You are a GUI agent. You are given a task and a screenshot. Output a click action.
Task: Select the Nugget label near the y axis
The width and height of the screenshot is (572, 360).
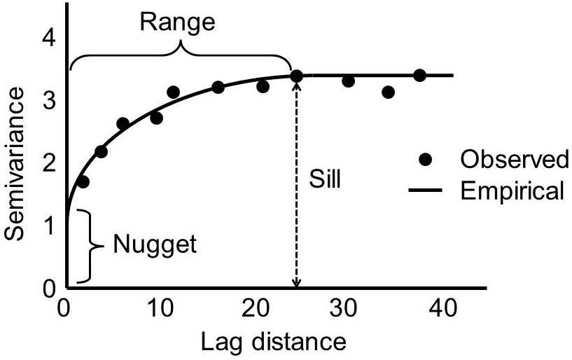pyautogui.click(x=155, y=245)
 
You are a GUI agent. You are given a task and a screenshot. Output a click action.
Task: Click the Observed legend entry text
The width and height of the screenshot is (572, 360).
pyautogui.click(x=514, y=160)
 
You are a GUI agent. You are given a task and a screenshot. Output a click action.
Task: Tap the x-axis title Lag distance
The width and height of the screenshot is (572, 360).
pyautogui.click(x=274, y=342)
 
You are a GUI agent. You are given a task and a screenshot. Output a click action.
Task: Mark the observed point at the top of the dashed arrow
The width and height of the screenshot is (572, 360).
pyautogui.click(x=296, y=76)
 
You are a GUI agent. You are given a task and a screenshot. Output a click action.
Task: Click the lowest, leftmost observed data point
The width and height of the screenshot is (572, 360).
pyautogui.click(x=83, y=182)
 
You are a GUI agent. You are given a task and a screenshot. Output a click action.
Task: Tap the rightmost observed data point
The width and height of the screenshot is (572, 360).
pyautogui.click(x=419, y=75)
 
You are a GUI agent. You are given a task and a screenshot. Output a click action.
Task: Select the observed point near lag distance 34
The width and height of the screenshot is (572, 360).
pyautogui.click(x=389, y=92)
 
